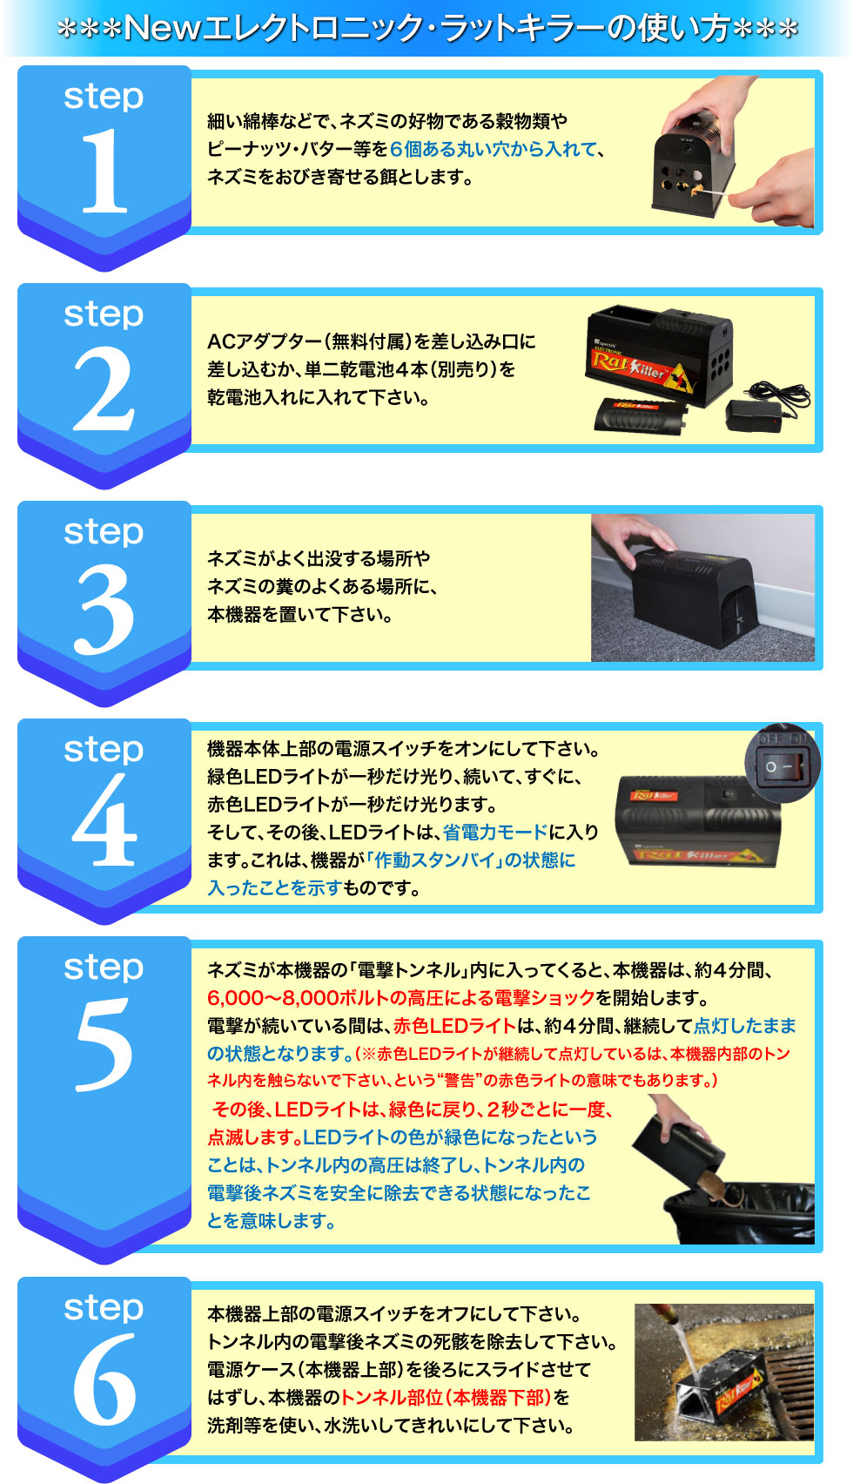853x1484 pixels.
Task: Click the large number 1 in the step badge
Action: (x=104, y=171)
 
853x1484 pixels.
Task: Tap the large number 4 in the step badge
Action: (x=104, y=822)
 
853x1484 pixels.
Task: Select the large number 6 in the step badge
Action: (x=104, y=1379)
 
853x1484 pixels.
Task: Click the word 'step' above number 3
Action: (x=104, y=531)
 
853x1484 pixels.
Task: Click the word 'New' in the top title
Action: (x=162, y=29)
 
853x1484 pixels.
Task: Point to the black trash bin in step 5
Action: (x=740, y=1215)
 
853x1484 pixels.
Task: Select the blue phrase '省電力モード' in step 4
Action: (x=495, y=833)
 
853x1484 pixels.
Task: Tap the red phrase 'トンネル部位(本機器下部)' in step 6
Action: (x=446, y=1398)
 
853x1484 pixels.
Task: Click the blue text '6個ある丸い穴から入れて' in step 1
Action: (x=494, y=150)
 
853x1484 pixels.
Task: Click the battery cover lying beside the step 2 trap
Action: (x=642, y=414)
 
